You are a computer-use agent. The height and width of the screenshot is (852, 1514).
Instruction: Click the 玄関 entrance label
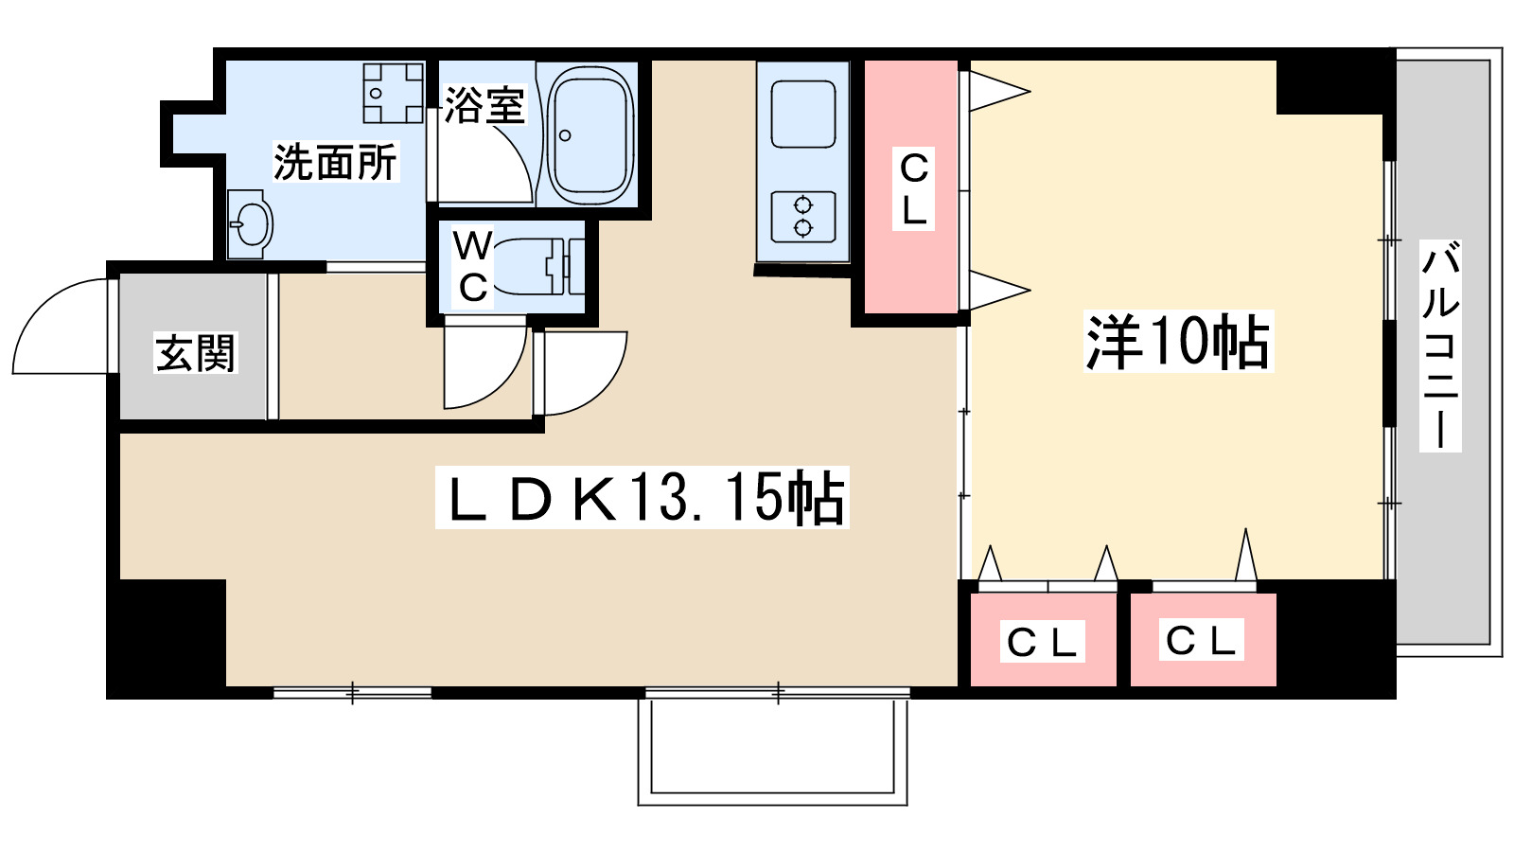194,353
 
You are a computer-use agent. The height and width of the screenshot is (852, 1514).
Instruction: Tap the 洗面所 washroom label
335,162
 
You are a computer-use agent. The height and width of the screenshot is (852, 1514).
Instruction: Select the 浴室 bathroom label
484,105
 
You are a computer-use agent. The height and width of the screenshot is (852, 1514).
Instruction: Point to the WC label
472,266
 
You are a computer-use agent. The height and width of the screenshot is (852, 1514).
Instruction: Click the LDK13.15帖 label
643,497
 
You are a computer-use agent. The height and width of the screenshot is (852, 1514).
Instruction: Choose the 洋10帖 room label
1177,342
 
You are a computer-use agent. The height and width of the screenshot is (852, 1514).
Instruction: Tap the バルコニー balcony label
1440,346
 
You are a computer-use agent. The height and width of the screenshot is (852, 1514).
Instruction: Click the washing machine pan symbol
393,93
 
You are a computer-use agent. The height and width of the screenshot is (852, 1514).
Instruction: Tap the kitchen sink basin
802,115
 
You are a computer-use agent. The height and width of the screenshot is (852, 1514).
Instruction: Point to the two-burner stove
802,217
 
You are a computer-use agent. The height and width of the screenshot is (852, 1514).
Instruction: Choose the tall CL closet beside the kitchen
912,187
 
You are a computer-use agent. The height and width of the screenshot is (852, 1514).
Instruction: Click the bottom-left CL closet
1043,640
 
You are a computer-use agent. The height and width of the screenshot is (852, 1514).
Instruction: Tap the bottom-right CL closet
1202,640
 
